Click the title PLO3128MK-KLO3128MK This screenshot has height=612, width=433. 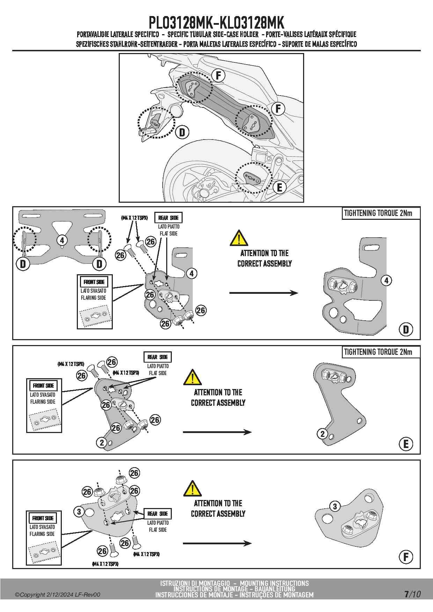216,22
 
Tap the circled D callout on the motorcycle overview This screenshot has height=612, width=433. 182,133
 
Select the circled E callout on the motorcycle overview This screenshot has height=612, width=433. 279,187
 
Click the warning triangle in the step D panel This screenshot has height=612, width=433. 239,238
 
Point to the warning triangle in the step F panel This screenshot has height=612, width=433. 192,488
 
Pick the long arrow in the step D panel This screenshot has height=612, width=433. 264,293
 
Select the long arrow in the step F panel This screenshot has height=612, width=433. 217,543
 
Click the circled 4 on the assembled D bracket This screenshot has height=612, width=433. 386,281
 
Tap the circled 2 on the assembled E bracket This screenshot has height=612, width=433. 322,434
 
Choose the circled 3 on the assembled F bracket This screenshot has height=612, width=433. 335,506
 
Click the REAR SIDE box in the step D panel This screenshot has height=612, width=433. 168,218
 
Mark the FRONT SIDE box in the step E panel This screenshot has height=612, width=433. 44,386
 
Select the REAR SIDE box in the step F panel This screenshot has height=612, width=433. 158,514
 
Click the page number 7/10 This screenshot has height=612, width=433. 412,594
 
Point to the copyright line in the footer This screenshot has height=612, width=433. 58,595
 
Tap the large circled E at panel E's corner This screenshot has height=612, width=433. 406,444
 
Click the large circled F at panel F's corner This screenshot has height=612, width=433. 406,557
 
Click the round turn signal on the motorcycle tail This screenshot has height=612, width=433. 177,111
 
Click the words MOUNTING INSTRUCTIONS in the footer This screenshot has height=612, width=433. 274,583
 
